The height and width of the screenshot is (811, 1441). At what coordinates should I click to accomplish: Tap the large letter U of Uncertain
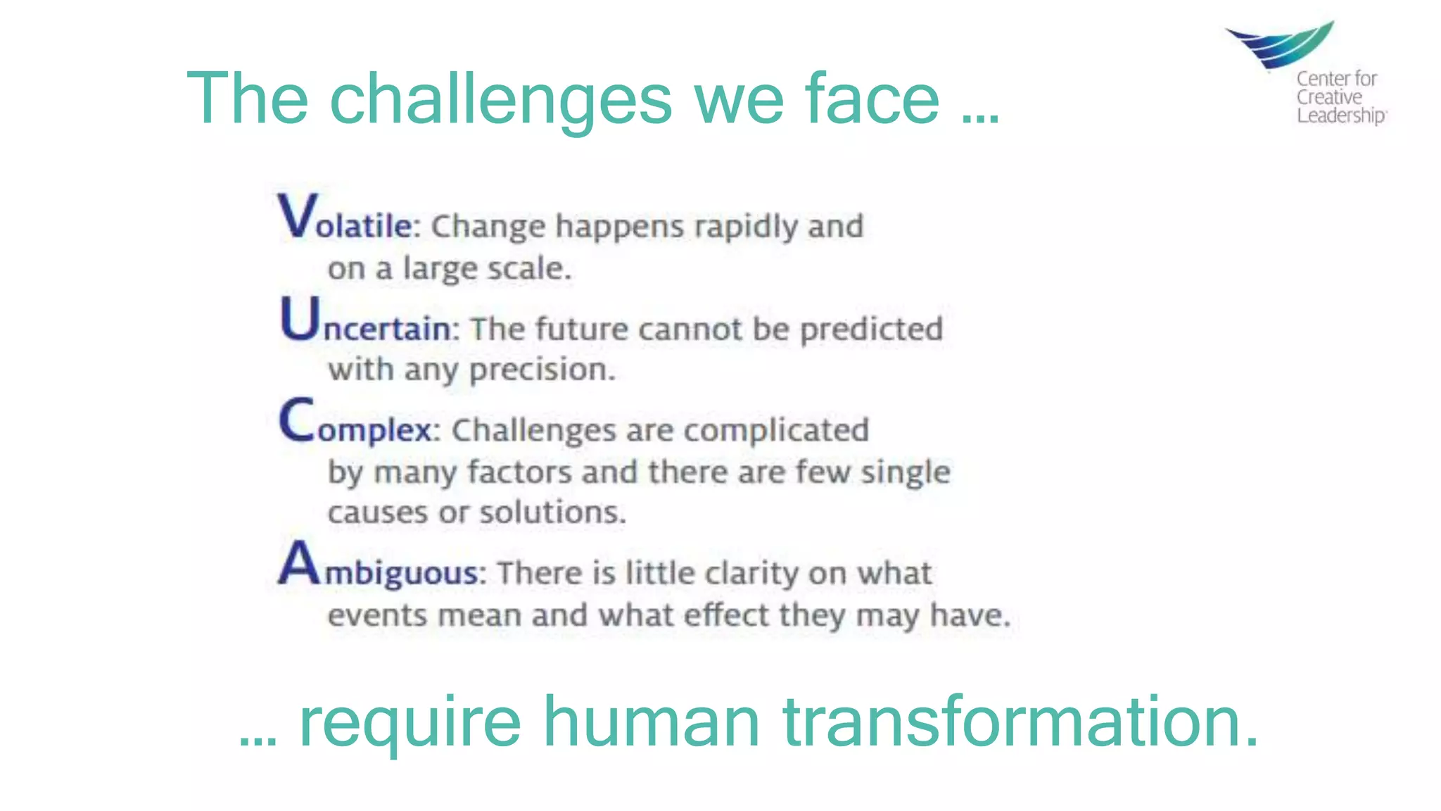tap(300, 318)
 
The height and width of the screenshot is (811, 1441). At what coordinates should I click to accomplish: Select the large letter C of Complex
tap(296, 420)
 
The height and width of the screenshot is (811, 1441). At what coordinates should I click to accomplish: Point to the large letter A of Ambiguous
tap(298, 562)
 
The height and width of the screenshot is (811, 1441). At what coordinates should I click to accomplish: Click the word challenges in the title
tap(501, 100)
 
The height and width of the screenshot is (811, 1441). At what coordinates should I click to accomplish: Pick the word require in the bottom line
tap(410, 724)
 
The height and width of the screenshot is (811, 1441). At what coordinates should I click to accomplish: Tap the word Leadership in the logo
tap(1340, 115)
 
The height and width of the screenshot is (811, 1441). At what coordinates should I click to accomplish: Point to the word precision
tap(542, 370)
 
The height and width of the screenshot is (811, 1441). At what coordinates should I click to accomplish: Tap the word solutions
tap(552, 513)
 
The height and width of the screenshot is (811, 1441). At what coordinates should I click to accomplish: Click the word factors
tap(519, 472)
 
